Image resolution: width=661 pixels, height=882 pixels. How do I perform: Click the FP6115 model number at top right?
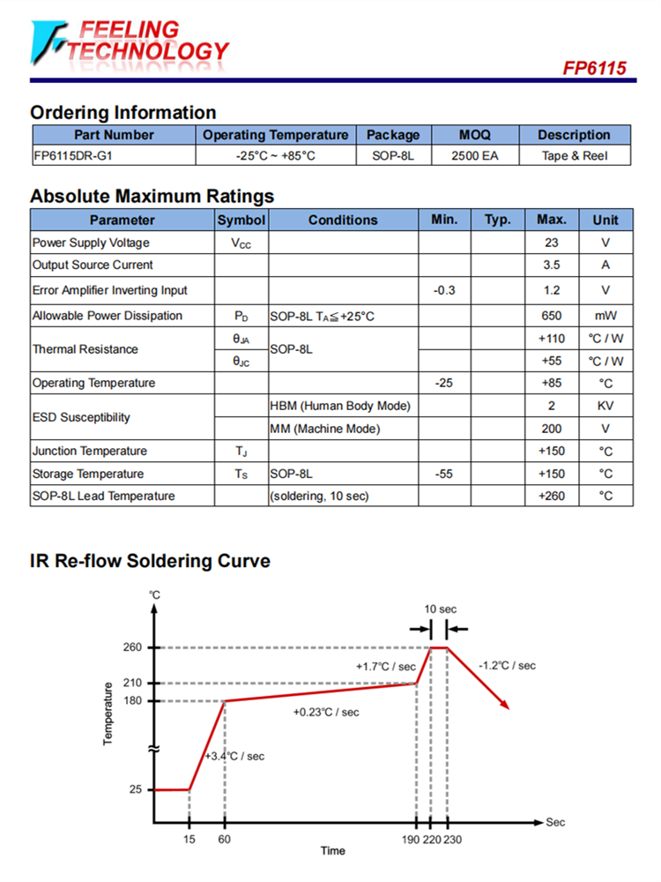(x=596, y=68)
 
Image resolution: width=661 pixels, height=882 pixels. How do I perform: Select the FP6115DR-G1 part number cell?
(x=74, y=156)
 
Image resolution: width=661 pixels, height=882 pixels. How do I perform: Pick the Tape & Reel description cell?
(x=574, y=156)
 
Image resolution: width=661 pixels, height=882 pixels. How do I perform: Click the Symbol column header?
(x=241, y=220)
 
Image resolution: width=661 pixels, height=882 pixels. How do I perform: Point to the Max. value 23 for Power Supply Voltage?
(x=552, y=243)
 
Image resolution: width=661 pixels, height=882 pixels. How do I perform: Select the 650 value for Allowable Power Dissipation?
(x=552, y=316)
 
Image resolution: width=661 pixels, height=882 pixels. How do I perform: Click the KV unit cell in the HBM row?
(x=605, y=406)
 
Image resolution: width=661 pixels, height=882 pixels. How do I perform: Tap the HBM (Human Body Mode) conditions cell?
(x=340, y=406)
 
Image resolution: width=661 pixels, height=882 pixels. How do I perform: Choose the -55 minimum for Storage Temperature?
(x=444, y=474)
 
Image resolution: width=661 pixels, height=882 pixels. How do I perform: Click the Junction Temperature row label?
(x=78, y=451)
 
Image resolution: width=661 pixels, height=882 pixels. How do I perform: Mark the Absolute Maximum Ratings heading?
(x=152, y=196)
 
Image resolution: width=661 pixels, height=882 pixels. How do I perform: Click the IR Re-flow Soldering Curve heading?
(x=150, y=561)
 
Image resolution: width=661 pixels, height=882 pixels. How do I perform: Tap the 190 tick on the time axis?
(x=412, y=839)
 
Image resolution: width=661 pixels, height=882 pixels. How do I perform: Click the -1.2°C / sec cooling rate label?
(x=507, y=666)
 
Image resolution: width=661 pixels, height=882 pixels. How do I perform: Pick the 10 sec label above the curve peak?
(x=440, y=609)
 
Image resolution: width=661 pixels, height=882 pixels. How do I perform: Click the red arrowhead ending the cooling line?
(x=505, y=703)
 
